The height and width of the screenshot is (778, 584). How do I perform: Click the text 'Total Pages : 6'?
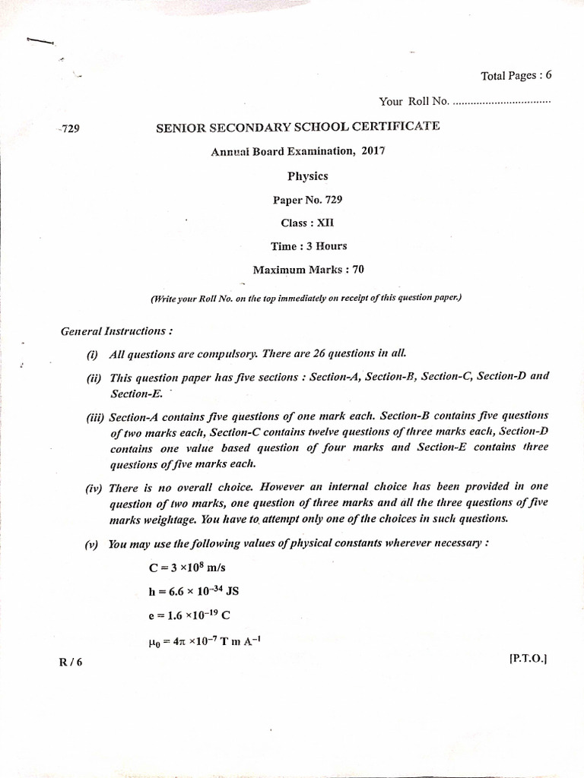click(516, 75)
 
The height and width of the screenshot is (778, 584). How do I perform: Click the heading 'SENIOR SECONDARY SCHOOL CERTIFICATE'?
click(297, 127)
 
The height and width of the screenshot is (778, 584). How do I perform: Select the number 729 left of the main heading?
click(69, 128)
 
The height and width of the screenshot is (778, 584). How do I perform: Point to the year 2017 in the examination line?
click(373, 150)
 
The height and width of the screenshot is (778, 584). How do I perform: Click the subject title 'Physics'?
click(307, 176)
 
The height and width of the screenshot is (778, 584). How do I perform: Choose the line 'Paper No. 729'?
click(307, 200)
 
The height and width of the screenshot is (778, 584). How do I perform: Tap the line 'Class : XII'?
click(307, 223)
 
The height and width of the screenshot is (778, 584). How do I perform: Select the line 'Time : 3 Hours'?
click(307, 246)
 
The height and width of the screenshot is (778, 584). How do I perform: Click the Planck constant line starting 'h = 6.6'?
click(194, 592)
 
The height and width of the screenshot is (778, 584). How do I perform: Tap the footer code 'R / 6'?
click(70, 662)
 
